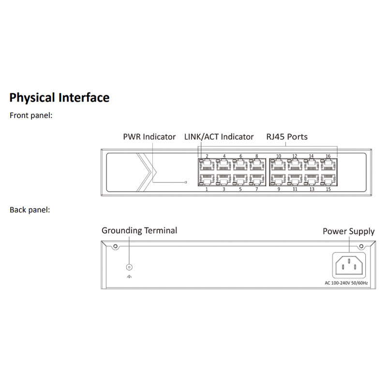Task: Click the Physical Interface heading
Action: tap(59, 98)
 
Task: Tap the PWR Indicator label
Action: tap(149, 137)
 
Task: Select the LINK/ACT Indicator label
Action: tap(219, 137)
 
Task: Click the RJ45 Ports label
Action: tap(287, 137)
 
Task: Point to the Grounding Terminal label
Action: tap(139, 231)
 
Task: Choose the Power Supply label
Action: tap(348, 232)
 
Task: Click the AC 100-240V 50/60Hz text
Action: tap(346, 283)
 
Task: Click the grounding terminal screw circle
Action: tap(129, 268)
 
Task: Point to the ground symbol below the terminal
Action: tap(129, 277)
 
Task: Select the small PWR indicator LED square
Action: tap(186, 182)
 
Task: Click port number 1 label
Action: tap(207, 189)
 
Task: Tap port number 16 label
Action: tap(328, 156)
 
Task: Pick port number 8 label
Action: tap(257, 156)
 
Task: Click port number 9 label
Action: tap(279, 189)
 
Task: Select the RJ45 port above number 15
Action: tap(328, 179)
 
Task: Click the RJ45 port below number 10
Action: tap(278, 164)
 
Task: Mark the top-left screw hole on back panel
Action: tap(115, 247)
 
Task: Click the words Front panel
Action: tap(31, 116)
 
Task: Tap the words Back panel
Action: tap(30, 210)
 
